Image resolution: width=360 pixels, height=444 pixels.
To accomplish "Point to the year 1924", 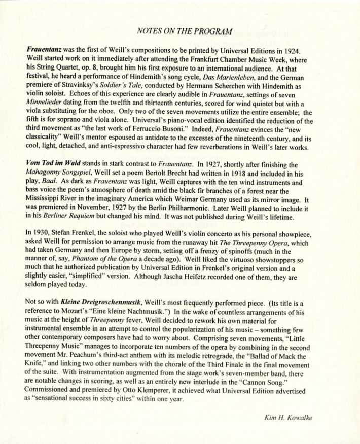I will (x=319, y=51).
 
